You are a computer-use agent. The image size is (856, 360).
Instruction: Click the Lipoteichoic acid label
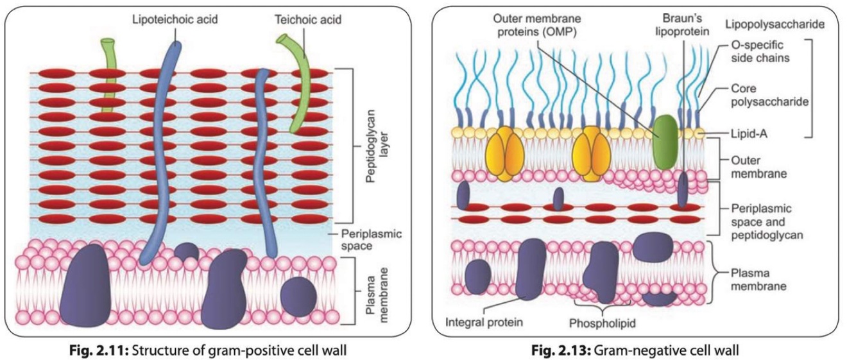coord(175,19)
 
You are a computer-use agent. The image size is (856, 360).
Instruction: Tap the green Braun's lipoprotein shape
coord(665,142)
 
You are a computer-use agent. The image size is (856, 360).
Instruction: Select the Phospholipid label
coord(602,323)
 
